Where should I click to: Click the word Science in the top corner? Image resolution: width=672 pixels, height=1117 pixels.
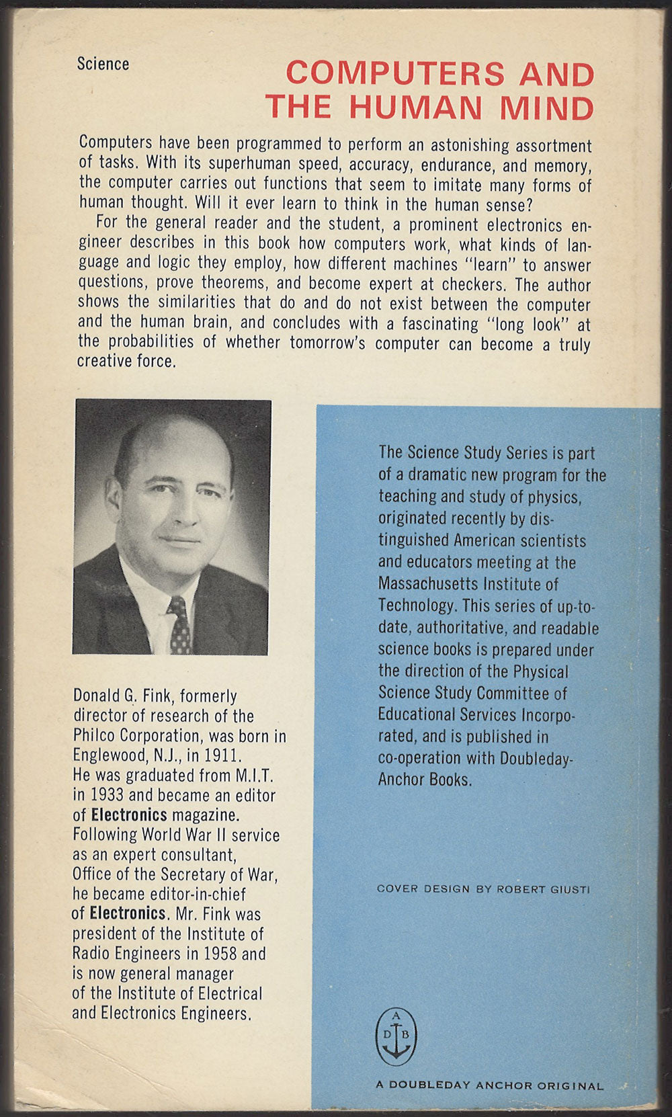tap(103, 64)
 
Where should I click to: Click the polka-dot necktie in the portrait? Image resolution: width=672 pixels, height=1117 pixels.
tap(179, 625)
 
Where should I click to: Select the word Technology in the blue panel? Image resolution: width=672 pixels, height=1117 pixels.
tap(417, 605)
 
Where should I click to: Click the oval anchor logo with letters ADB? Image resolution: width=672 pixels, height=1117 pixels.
tap(396, 1036)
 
